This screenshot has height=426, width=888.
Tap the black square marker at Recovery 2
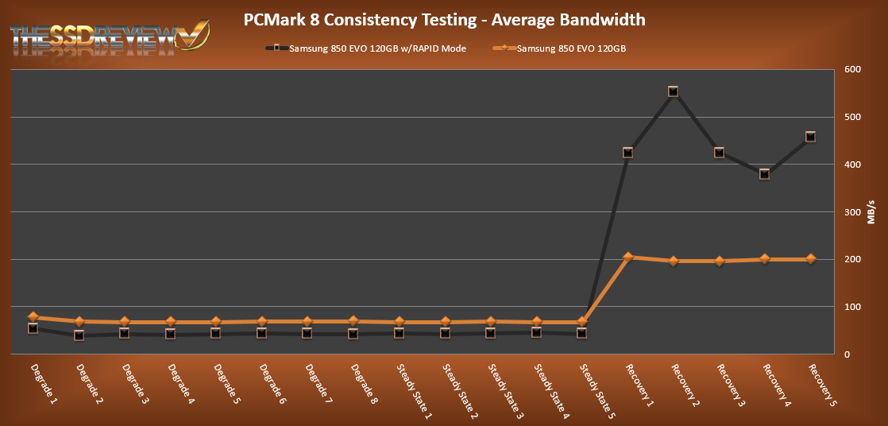[673, 91]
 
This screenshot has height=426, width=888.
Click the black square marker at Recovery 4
[764, 174]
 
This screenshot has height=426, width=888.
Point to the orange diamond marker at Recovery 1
[627, 257]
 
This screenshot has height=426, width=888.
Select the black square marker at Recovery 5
[810, 137]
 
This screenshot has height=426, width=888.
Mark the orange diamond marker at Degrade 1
[33, 317]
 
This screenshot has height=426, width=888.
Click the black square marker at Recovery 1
[627, 153]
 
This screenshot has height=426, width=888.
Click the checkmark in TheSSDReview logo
[194, 36]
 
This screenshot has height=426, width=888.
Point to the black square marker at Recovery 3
[719, 153]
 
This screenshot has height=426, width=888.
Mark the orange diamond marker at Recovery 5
[810, 259]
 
